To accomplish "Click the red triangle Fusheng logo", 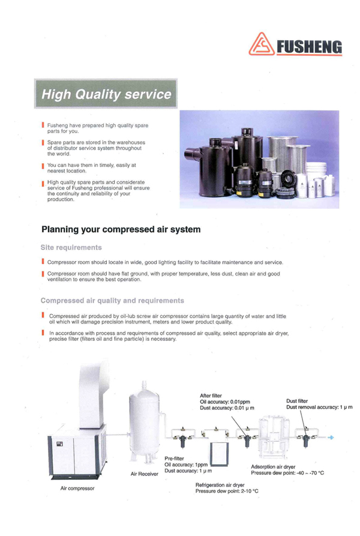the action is (x=261, y=44).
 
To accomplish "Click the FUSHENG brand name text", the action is (x=309, y=47).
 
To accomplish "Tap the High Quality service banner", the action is (x=106, y=94).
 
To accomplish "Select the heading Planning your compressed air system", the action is (x=121, y=229).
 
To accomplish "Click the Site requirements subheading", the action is (x=71, y=247).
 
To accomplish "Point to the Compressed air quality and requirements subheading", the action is (x=112, y=301).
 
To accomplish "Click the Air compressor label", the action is (x=77, y=488).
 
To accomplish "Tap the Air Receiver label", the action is (x=144, y=474).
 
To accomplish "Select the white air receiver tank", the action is (x=145, y=423).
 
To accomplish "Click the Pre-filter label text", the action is (x=174, y=459).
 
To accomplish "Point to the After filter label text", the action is (x=211, y=396).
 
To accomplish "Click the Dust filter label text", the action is (x=297, y=401).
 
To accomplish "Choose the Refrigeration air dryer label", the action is (x=220, y=485).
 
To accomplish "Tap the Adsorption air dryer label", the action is (x=273, y=466).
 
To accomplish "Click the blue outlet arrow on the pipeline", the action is (x=331, y=438).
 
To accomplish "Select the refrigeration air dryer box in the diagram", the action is (x=219, y=454).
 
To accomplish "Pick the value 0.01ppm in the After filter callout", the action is (x=240, y=402).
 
